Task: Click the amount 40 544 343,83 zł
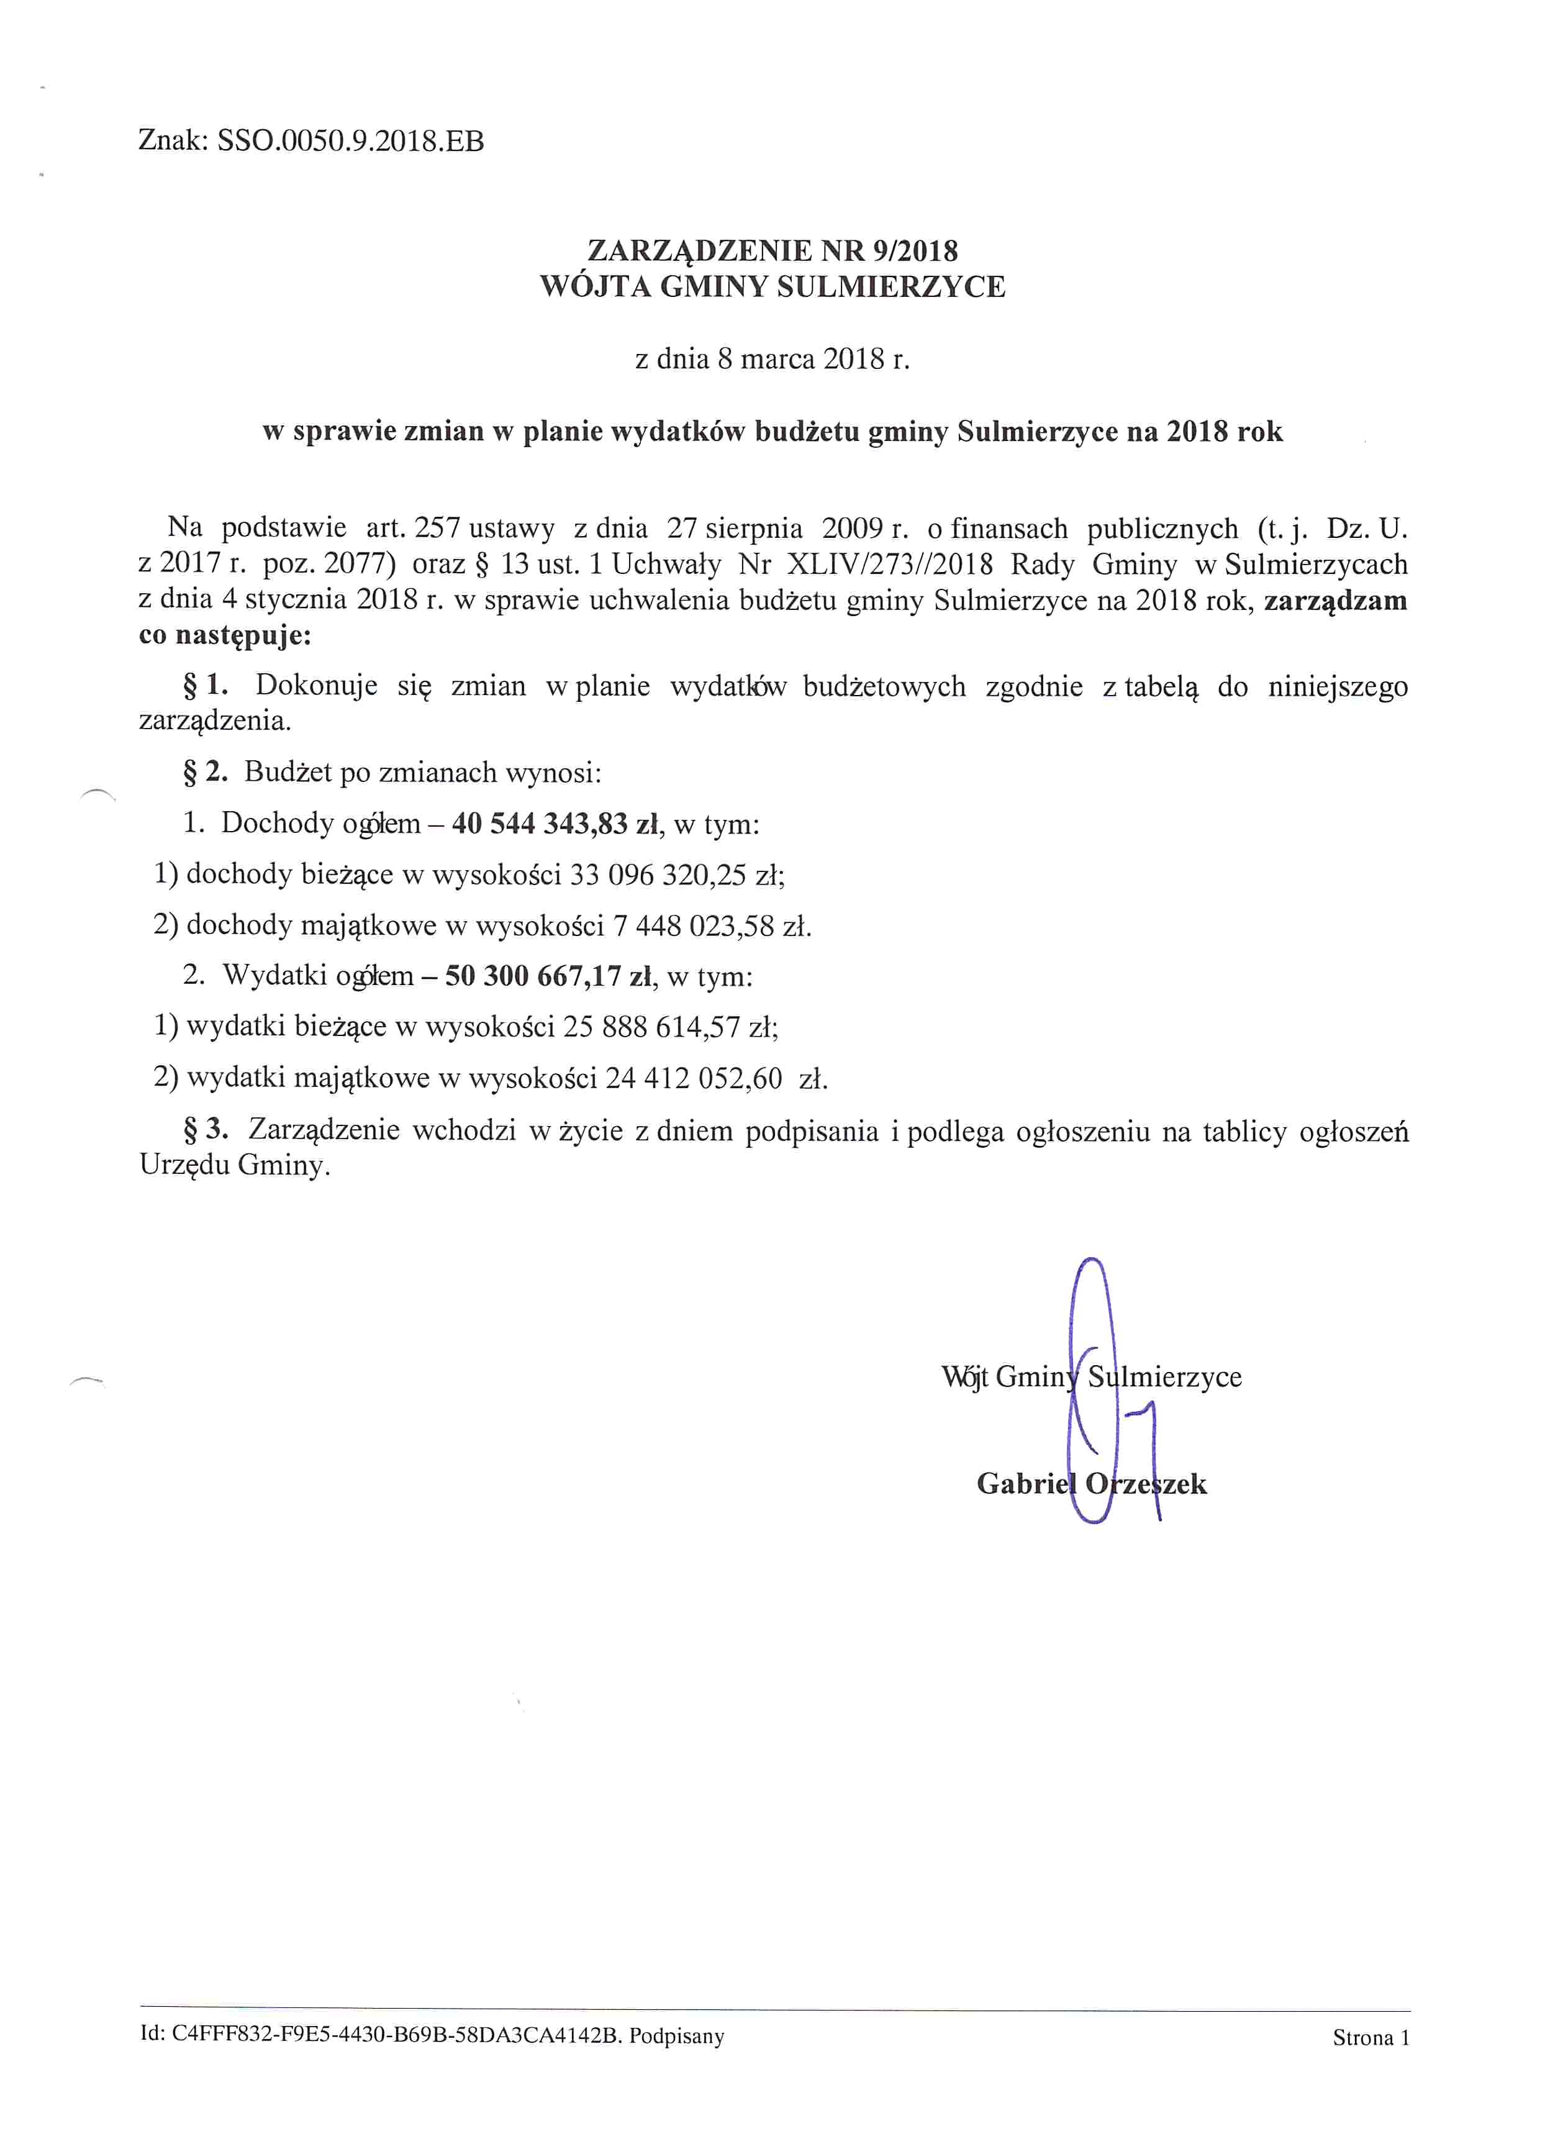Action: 555,824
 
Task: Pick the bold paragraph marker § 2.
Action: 206,772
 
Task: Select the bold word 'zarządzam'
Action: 1335,601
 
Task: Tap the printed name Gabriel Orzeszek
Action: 1092,1484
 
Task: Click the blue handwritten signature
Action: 1099,1393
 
